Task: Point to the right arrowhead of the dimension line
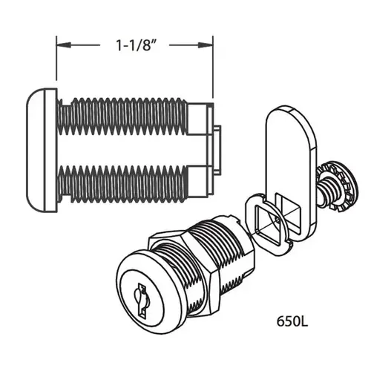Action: (210, 46)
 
